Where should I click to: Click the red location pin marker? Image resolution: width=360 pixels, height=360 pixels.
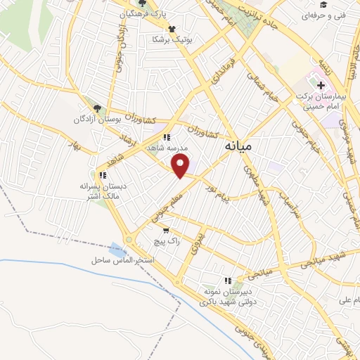pos(181,166)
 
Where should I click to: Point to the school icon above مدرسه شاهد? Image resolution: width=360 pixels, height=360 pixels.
pos(167,137)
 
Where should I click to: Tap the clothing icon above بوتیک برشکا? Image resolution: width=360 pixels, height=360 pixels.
pos(172,29)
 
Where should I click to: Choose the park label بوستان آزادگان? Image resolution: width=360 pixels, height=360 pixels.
pos(98,120)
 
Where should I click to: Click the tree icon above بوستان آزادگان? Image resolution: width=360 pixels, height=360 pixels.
pos(98,109)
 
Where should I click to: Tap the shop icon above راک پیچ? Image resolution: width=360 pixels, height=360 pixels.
pos(165,230)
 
